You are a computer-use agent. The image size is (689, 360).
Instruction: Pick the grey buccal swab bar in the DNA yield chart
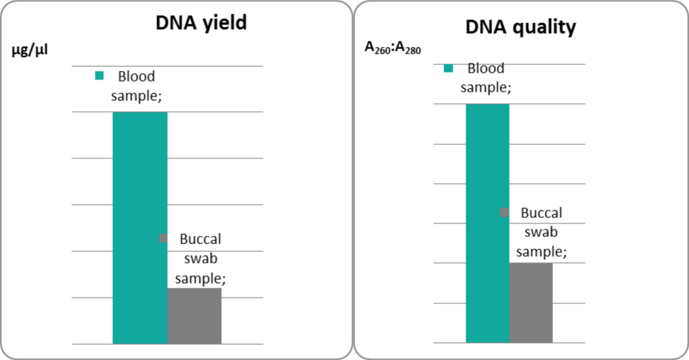coord(194,316)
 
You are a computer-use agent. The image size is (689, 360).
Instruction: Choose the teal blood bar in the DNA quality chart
coord(487,223)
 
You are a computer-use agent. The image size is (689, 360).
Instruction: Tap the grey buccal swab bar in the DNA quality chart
coord(531,302)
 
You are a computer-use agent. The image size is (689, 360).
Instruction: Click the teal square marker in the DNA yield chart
coord(100,76)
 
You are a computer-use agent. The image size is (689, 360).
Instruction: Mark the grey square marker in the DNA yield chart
coord(162,238)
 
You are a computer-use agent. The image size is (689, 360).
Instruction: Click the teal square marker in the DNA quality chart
coord(448,68)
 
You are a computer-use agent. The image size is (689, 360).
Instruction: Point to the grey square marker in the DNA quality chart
coord(504,213)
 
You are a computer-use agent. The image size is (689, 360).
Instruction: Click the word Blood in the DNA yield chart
coord(136,76)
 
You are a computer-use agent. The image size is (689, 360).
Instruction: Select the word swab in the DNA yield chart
coord(201,258)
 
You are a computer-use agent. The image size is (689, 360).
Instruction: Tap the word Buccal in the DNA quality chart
coord(542,213)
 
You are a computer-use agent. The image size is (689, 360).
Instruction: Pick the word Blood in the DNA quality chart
coord(486,68)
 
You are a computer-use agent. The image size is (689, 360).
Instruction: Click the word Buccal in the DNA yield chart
coord(201,239)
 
